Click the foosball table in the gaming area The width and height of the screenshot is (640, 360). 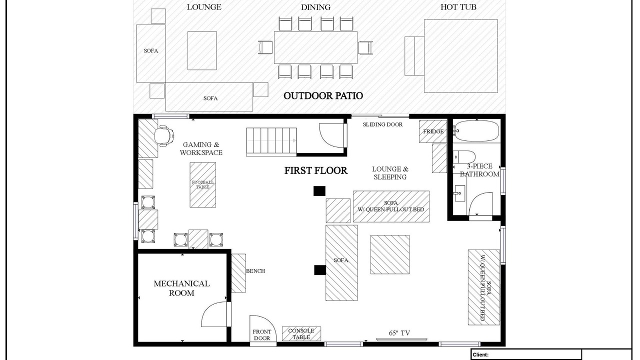pos(203,185)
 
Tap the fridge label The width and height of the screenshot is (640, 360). pos(433,131)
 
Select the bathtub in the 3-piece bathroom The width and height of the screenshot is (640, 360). pos(476,131)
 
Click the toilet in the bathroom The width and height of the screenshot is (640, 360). pos(464,157)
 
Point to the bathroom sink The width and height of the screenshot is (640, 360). pos(460,193)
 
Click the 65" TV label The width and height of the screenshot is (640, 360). pos(399,333)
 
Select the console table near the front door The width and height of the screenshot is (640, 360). pos(301,333)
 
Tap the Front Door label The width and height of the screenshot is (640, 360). pos(262,335)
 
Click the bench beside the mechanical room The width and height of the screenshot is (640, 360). pos(238,273)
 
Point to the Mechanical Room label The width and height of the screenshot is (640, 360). pos(181,288)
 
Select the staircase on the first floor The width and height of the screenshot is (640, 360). pos(271,142)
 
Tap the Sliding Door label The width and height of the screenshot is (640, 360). pos(382,124)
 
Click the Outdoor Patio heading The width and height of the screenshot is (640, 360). pos(323,95)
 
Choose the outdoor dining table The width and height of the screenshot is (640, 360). pos(315,47)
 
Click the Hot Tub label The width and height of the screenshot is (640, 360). pos(458,7)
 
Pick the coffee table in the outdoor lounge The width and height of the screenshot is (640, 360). pos(202,50)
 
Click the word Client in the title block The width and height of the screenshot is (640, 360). pos(480,355)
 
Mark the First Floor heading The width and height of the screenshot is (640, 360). pos(315,170)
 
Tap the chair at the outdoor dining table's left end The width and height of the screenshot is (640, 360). pos(265,47)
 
